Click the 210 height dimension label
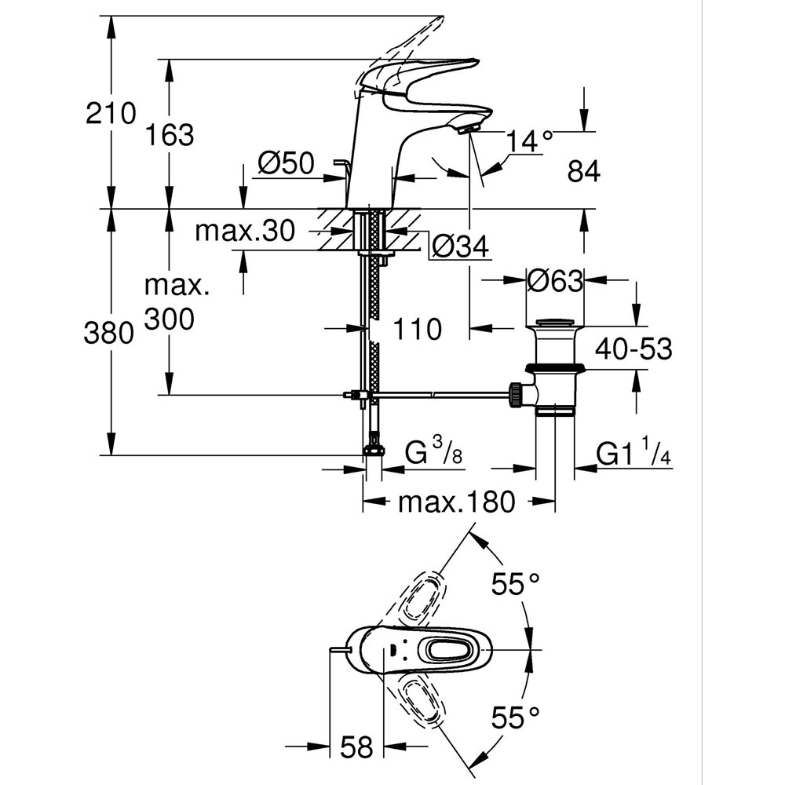(x=111, y=114)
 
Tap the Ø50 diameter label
(x=286, y=163)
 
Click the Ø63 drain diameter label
(x=555, y=280)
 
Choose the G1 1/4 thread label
(x=631, y=453)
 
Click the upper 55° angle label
(x=516, y=583)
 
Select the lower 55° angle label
(x=516, y=715)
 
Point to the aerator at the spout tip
(x=469, y=128)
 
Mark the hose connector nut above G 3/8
(x=374, y=450)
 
